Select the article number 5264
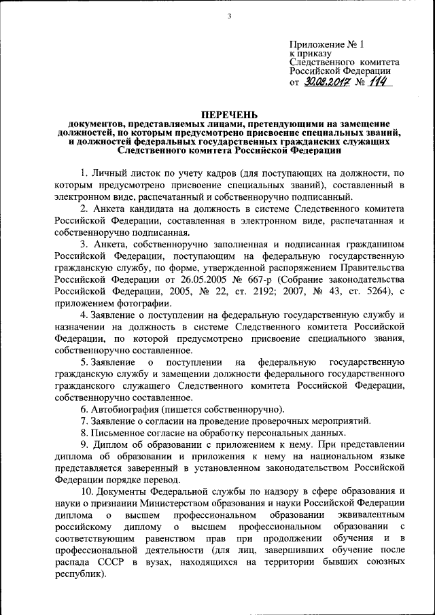(370, 291)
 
